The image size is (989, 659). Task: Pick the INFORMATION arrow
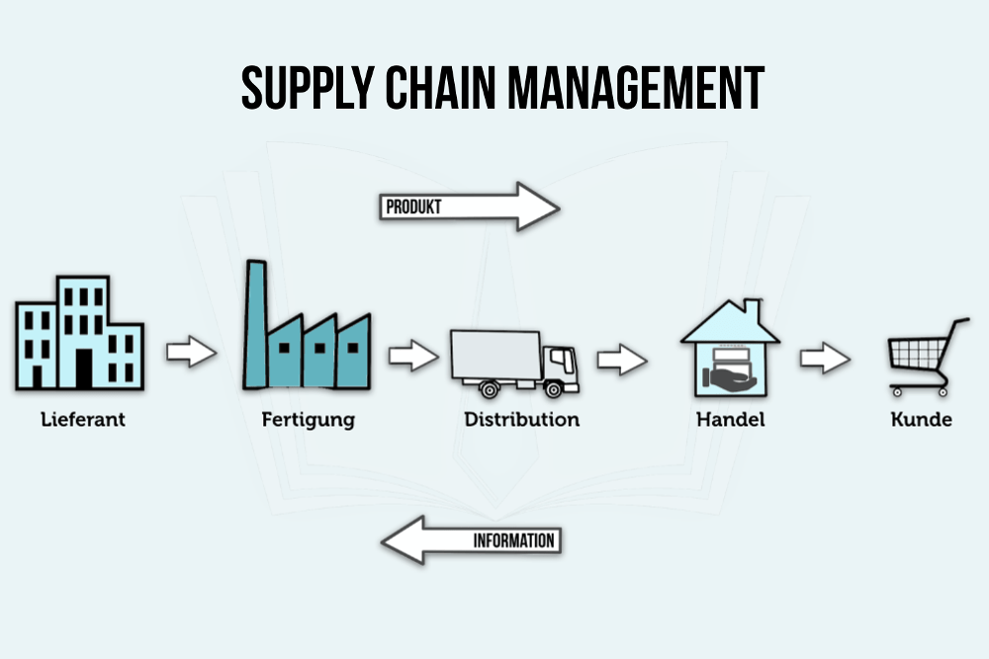pyautogui.click(x=471, y=540)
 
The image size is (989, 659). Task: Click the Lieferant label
pyautogui.click(x=83, y=419)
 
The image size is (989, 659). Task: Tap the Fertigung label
pyautogui.click(x=308, y=420)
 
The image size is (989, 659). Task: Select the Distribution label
pyautogui.click(x=521, y=419)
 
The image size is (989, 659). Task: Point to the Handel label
pyautogui.click(x=730, y=419)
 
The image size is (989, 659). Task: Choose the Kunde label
pyautogui.click(x=921, y=419)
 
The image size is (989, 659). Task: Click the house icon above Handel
pyautogui.click(x=730, y=347)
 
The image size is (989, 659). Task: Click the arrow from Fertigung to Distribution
pyautogui.click(x=412, y=356)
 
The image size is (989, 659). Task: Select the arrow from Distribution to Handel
pyautogui.click(x=622, y=360)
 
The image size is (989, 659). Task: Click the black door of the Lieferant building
pyautogui.click(x=84, y=369)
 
